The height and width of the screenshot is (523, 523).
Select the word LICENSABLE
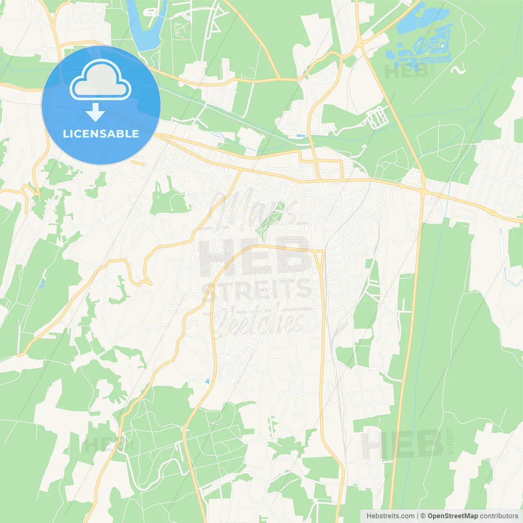pyautogui.click(x=101, y=134)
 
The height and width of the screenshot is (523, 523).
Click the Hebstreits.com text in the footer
pyautogui.click(x=390, y=516)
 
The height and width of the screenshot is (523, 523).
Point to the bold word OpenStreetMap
pyautogui.click(x=453, y=516)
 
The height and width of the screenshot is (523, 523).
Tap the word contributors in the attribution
pyautogui.click(x=499, y=516)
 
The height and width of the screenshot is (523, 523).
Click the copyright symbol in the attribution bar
pyautogui.click(x=423, y=516)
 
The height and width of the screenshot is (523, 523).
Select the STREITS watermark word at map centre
pyautogui.click(x=257, y=289)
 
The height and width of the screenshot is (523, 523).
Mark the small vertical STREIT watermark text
pyautogui.click(x=450, y=442)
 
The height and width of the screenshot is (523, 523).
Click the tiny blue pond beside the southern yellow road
pyautogui.click(x=207, y=381)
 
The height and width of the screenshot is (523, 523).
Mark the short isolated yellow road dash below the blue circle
pyautogui.click(x=137, y=163)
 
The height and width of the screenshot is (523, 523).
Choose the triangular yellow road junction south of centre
pyautogui.click(x=319, y=257)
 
